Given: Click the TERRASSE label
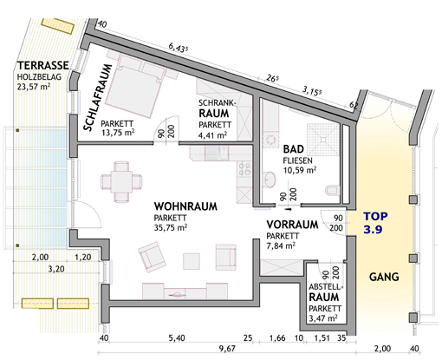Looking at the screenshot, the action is click(43, 65).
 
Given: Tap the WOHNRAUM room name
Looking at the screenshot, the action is click(185, 206).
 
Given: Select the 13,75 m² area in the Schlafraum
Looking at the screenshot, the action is click(118, 132).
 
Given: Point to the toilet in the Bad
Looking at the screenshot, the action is click(333, 190).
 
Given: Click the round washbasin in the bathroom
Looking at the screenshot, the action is click(270, 180).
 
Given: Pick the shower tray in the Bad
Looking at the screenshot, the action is click(323, 140).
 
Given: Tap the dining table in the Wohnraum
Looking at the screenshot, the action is click(121, 181).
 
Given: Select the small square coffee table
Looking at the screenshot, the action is click(192, 261).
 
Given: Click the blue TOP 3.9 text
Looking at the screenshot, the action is click(375, 222).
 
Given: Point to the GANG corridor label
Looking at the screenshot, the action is click(384, 277).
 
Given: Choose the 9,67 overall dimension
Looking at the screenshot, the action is click(227, 349).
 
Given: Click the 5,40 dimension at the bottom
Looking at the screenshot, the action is click(177, 337).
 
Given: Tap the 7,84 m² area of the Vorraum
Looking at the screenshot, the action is click(281, 245).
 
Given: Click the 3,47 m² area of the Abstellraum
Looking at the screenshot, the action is click(323, 318).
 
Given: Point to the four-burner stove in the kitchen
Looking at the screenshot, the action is click(244, 169).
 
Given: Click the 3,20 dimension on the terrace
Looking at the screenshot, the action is click(56, 269).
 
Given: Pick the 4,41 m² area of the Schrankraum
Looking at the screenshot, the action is click(212, 135).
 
